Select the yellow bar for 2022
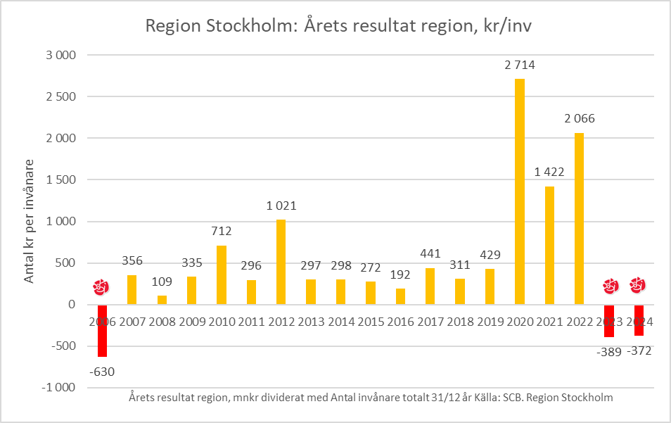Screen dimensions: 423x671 (x=579, y=218)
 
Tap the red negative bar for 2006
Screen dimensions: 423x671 (x=102, y=331)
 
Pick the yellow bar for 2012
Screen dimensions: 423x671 (x=281, y=262)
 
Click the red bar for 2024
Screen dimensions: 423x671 (x=639, y=320)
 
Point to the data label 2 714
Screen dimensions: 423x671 (x=520, y=65)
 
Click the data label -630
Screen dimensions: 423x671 (x=102, y=372)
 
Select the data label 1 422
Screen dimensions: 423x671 (x=549, y=172)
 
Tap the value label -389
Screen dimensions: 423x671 (x=608, y=352)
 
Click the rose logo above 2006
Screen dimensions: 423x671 (x=102, y=287)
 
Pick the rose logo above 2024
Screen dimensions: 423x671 (x=638, y=285)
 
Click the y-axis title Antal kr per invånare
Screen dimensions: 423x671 (x=30, y=221)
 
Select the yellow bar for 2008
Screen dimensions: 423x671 (x=162, y=300)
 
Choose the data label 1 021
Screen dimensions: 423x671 (x=281, y=206)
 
